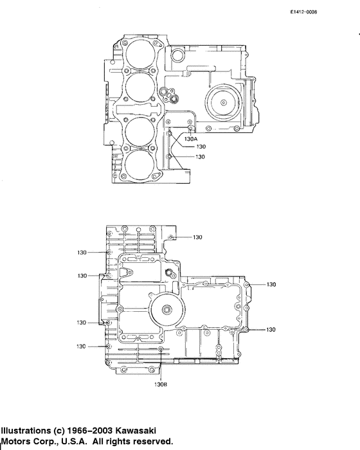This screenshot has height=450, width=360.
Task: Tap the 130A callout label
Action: [191, 138]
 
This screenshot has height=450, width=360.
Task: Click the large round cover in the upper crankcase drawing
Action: [222, 102]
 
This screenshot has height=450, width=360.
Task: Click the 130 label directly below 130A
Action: [200, 147]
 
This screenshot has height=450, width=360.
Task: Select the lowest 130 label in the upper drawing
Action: [200, 157]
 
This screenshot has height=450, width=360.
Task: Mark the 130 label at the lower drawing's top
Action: [197, 237]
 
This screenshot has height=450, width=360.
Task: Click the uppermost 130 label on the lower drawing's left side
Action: [82, 252]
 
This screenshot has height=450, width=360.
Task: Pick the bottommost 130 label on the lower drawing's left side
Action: [82, 346]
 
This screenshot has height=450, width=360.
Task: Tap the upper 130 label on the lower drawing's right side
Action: [271, 284]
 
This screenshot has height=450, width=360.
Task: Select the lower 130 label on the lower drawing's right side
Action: [271, 330]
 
